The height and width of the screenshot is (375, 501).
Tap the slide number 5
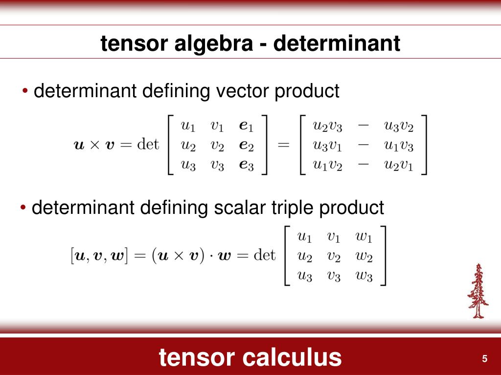coord(484,359)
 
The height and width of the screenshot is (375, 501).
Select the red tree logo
coord(478,291)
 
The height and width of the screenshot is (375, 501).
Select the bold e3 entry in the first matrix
coord(246,166)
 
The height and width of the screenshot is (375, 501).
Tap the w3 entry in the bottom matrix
coord(364,276)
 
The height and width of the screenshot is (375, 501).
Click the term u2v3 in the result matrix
coord(327,126)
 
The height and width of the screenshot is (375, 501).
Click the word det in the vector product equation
coord(148,145)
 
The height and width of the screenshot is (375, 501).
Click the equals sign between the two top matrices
coord(283,145)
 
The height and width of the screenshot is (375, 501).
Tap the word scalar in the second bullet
coord(239,208)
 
